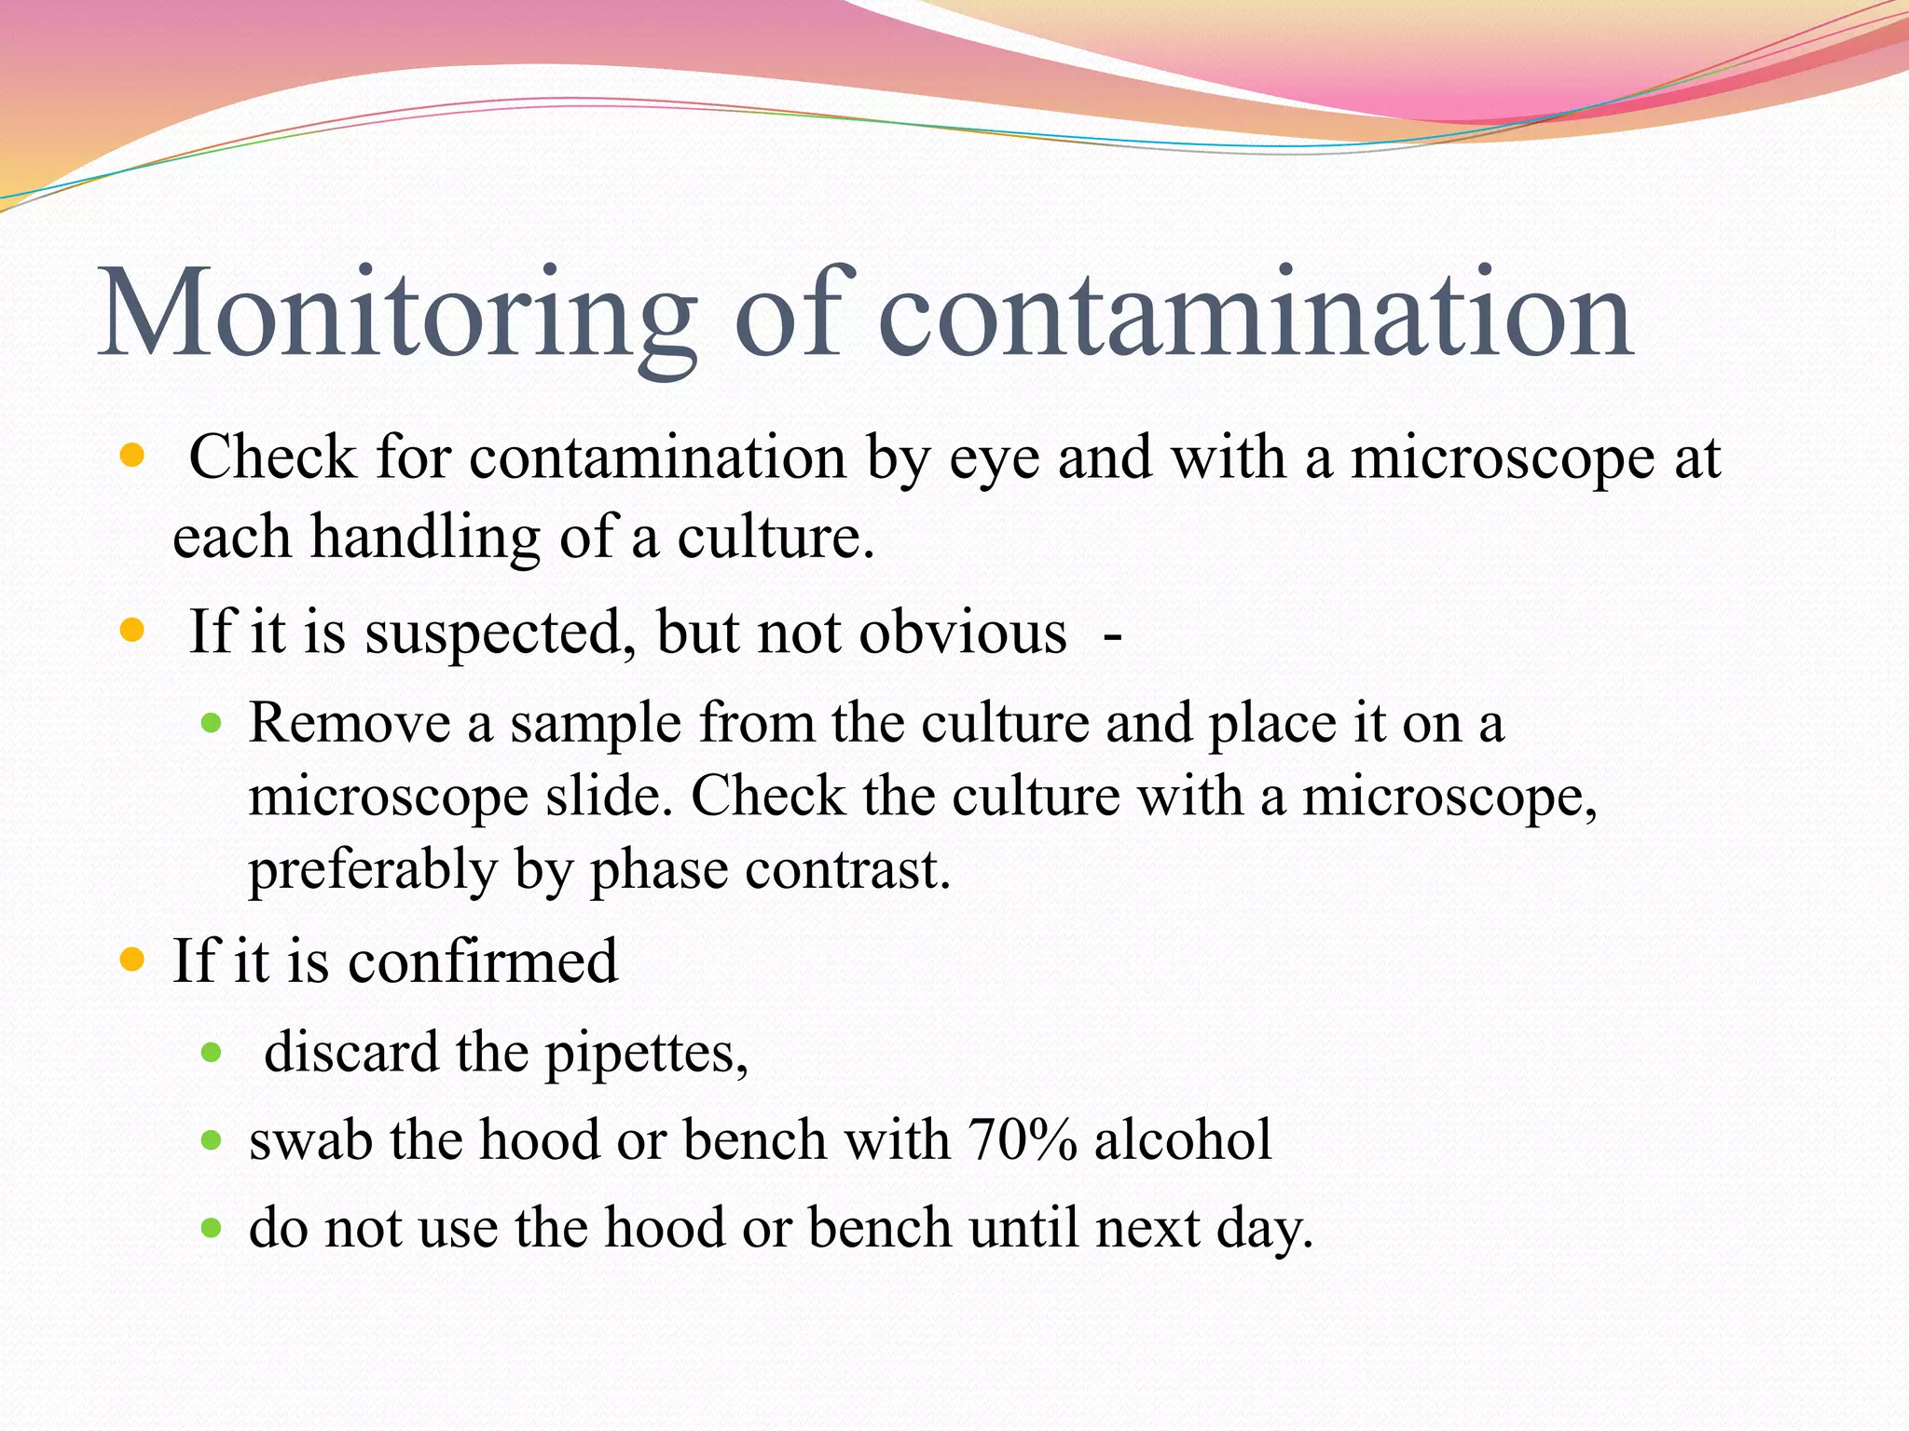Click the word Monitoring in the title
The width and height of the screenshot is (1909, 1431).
click(x=396, y=315)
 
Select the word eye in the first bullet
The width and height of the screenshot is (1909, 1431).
click(x=994, y=459)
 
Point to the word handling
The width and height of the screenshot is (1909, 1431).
click(x=425, y=538)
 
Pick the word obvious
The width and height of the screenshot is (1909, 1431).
click(x=962, y=633)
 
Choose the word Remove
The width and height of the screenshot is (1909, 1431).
click(x=350, y=723)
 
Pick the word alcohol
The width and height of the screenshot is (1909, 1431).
click(x=1183, y=1140)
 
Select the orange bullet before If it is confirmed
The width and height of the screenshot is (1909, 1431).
click(x=132, y=960)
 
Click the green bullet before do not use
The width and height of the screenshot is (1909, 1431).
click(x=212, y=1228)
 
